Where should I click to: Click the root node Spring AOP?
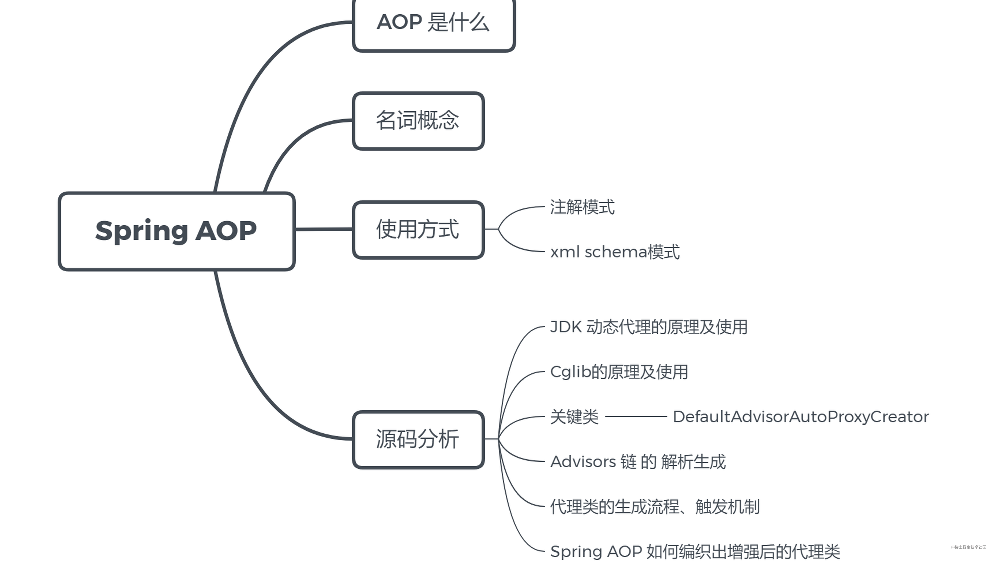(176, 231)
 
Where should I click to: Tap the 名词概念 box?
(418, 121)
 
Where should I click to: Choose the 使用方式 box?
(418, 229)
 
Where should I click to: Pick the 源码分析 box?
(418, 440)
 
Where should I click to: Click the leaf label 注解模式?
(582, 207)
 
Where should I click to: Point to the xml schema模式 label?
(615, 252)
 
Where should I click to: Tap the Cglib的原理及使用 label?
(619, 372)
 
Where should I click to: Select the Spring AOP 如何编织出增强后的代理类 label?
(695, 551)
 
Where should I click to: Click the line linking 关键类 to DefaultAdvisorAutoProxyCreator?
(636, 417)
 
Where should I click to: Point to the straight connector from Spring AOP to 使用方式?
(324, 229)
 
